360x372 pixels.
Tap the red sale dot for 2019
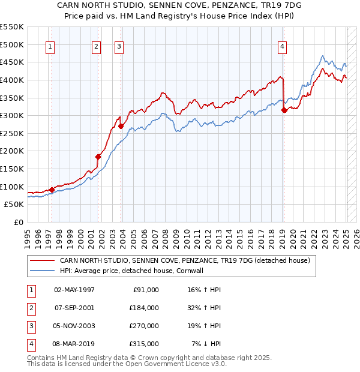[284, 110]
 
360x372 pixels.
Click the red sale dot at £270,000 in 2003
[121, 126]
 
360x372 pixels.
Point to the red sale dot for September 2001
[98, 157]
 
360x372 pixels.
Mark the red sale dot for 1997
[52, 190]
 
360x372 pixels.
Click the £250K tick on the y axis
[12, 133]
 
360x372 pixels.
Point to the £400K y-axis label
[12, 80]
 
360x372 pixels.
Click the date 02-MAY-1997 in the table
[74, 290]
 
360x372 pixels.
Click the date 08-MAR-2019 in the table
[74, 344]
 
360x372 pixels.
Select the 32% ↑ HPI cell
[205, 308]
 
